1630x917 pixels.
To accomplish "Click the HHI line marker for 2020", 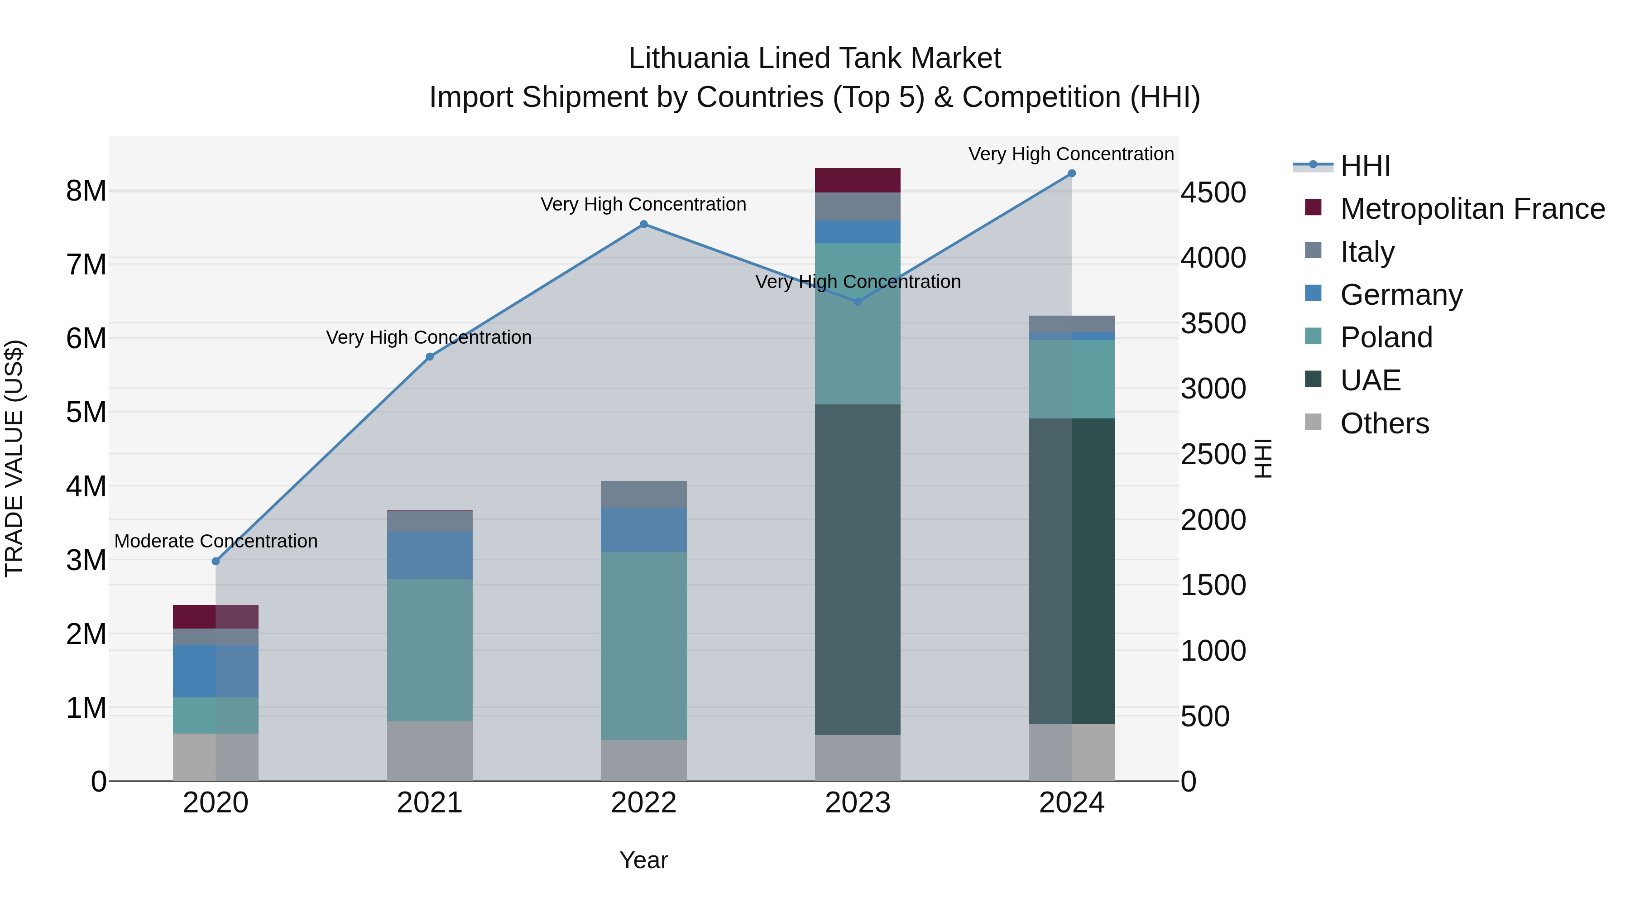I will point(216,562).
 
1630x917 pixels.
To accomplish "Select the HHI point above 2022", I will point(643,224).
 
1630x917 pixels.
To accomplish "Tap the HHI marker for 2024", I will point(1071,173).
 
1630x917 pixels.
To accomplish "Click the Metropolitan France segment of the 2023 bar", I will point(858,180).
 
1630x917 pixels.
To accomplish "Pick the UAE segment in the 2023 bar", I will point(858,570).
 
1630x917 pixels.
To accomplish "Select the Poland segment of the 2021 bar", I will point(430,650).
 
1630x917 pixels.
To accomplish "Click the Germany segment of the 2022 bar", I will point(643,530).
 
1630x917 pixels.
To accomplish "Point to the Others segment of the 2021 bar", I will point(430,751).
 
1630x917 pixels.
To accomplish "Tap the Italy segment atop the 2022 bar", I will point(643,494).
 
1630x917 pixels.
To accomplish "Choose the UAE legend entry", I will point(1371,380).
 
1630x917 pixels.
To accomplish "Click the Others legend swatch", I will point(1313,422).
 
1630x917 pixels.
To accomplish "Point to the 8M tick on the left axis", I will point(86,191).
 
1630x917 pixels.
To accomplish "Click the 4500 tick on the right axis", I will point(1213,193).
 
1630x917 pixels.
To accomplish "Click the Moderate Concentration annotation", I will point(216,542).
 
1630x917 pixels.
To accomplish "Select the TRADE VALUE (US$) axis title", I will point(14,459).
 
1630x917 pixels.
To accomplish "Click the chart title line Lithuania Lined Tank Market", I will point(815,58).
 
